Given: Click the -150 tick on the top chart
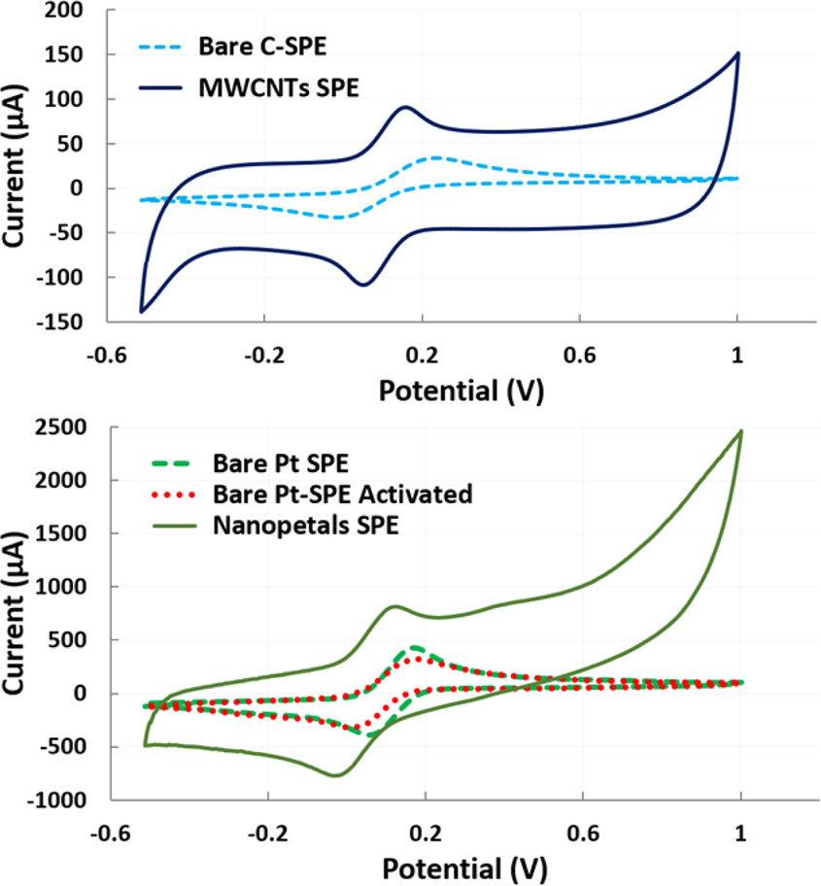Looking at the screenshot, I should (78, 321).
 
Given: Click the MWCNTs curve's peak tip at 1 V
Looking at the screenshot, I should (737, 53).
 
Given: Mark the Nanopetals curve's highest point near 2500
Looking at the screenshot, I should (740, 431).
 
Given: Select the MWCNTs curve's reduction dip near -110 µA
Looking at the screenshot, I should (363, 285).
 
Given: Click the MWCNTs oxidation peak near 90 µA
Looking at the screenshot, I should (405, 107).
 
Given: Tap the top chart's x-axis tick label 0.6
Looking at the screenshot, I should (580, 355).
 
